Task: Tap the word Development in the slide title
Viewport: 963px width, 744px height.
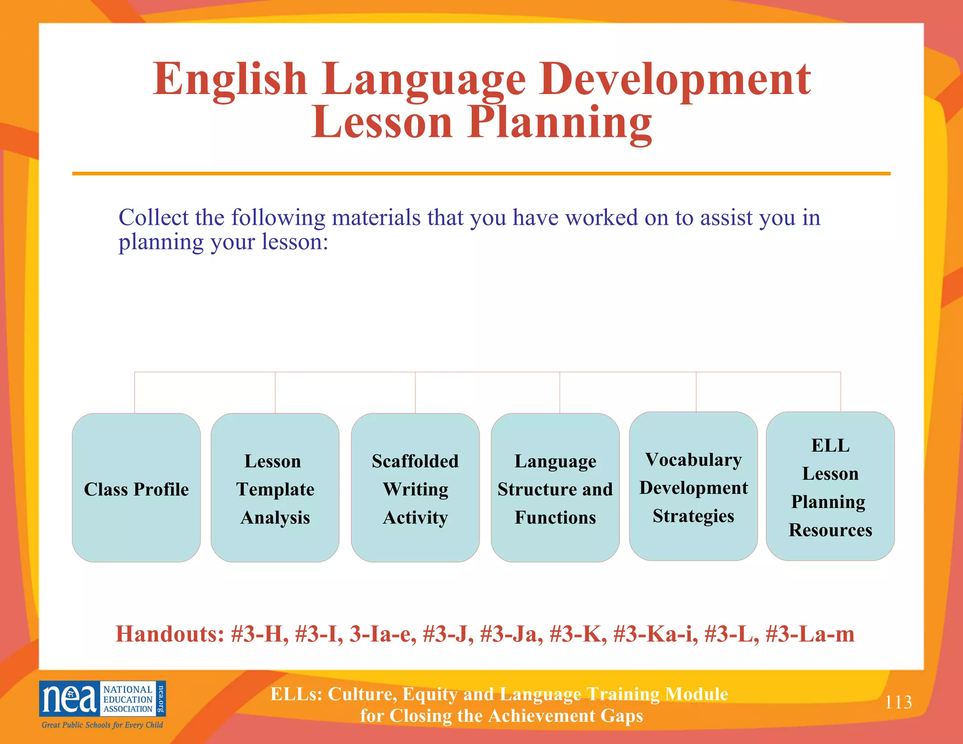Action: point(675,80)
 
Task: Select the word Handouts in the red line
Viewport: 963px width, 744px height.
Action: point(170,633)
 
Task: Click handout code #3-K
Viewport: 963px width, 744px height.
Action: point(577,633)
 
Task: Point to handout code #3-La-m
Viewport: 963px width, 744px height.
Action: point(810,633)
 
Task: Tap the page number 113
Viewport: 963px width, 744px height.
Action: point(898,702)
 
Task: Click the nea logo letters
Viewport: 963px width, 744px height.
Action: point(70,699)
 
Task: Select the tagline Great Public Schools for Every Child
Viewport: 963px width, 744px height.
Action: point(103,725)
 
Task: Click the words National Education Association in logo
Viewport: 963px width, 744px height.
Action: point(128,699)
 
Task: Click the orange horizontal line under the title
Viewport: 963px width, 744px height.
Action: point(481,174)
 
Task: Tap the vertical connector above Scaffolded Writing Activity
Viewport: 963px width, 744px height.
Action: point(415,392)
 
